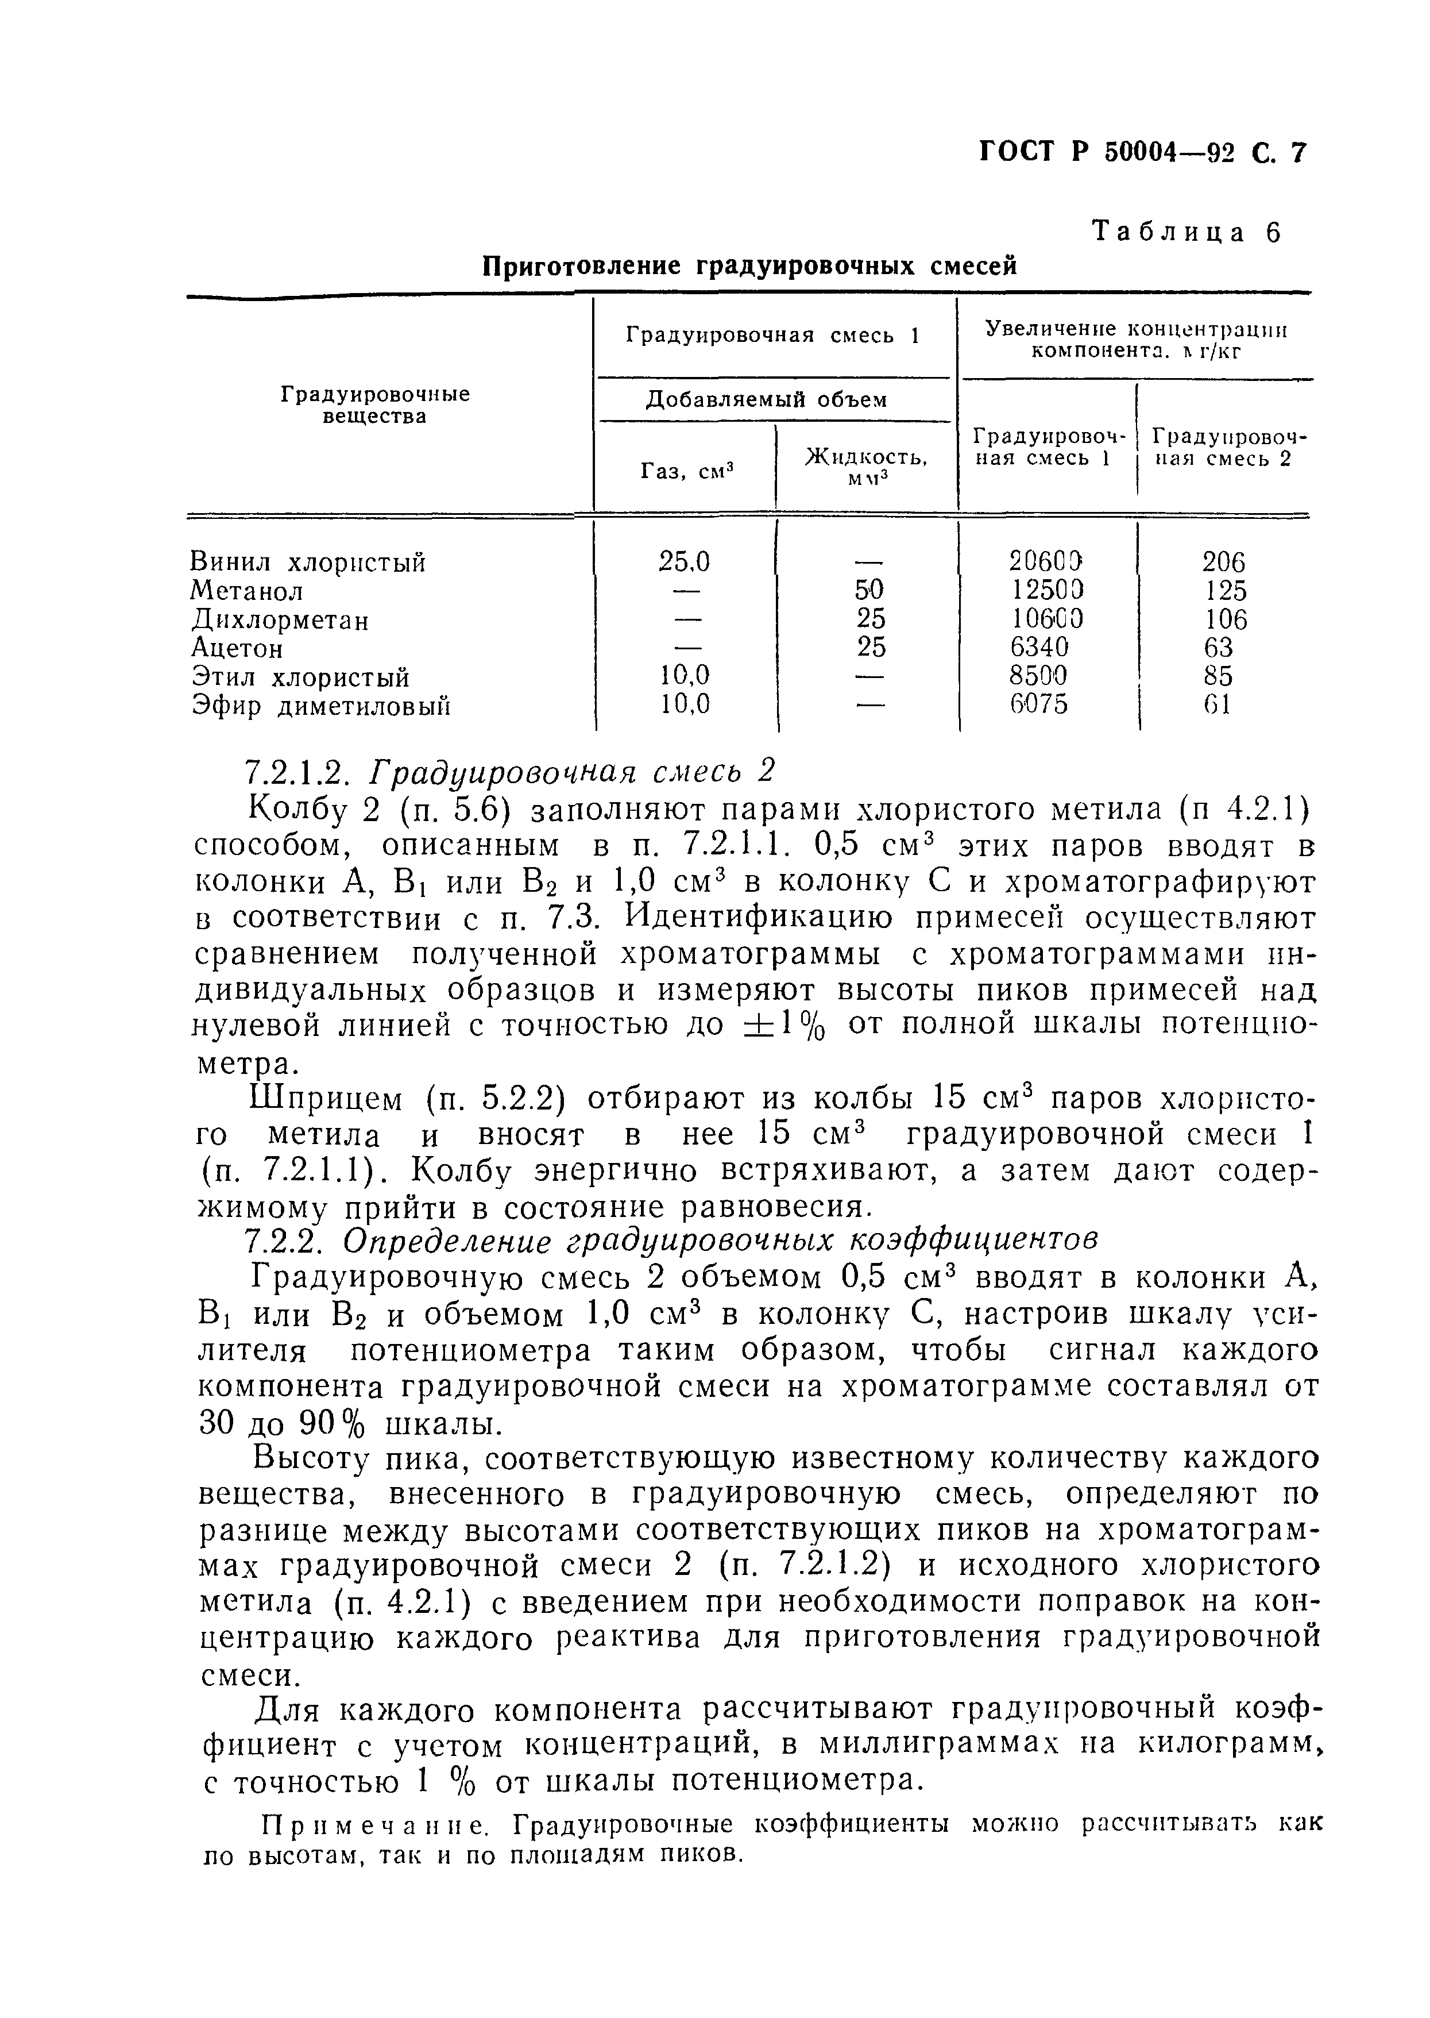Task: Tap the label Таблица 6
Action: click(x=1186, y=233)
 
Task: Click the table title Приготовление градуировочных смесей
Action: click(x=750, y=266)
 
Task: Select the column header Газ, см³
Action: click(x=687, y=471)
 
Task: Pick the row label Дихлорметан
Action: click(x=281, y=620)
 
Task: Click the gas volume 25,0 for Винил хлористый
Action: click(x=684, y=561)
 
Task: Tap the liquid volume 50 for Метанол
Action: click(x=871, y=590)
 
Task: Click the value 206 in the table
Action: click(x=1223, y=562)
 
